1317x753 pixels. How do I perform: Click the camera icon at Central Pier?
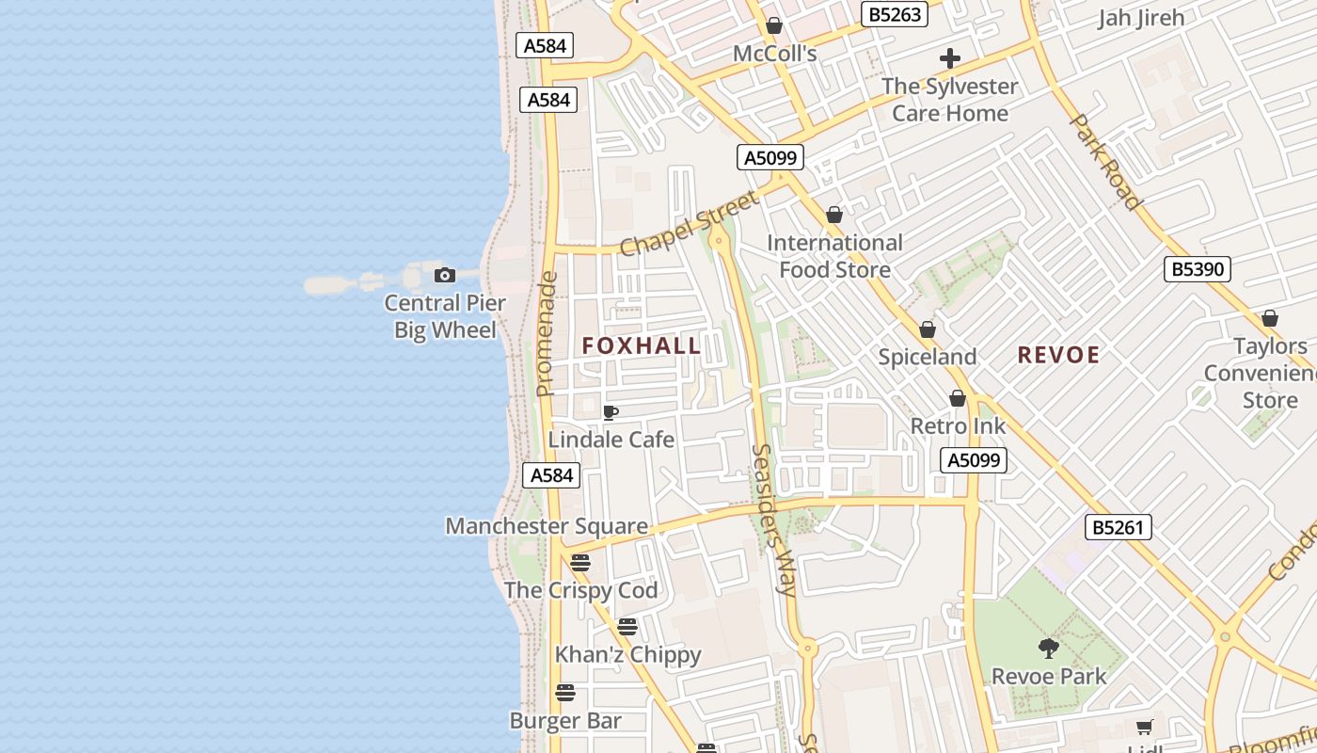(x=445, y=275)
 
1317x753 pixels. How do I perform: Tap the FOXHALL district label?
(x=642, y=345)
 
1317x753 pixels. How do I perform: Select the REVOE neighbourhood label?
(x=1058, y=355)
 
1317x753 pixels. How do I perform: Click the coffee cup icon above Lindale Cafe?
(x=610, y=412)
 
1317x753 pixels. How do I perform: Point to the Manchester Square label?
(x=547, y=526)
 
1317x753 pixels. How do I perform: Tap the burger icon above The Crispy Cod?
(x=580, y=563)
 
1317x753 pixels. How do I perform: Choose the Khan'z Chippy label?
(x=627, y=654)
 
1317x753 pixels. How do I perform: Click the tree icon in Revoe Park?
(x=1048, y=649)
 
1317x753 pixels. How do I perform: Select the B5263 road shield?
(x=895, y=14)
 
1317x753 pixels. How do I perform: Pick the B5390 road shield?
(x=1198, y=269)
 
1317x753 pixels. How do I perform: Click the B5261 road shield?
(x=1118, y=527)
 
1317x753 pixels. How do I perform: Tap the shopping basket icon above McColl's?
(x=774, y=25)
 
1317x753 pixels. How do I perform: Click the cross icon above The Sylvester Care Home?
(x=950, y=58)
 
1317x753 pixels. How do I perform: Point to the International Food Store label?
(x=834, y=256)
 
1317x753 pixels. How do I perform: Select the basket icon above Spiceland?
(x=928, y=329)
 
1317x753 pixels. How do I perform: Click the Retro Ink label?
(x=958, y=426)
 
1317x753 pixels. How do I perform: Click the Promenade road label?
(x=546, y=334)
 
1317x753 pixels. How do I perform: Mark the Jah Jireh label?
(x=1140, y=17)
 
